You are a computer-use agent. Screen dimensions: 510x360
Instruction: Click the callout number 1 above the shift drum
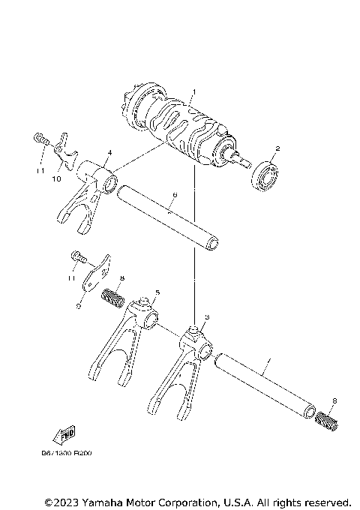[193, 91]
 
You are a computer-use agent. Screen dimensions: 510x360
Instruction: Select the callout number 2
[277, 148]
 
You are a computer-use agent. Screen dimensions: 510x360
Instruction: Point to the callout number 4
[109, 152]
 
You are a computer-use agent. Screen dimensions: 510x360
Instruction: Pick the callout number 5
[157, 292]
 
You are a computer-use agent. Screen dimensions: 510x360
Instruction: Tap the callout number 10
[55, 180]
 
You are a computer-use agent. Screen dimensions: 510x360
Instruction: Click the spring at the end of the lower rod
[327, 420]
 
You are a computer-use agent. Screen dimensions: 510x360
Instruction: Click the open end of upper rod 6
[214, 243]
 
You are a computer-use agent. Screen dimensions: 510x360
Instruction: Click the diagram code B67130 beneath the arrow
[59, 454]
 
